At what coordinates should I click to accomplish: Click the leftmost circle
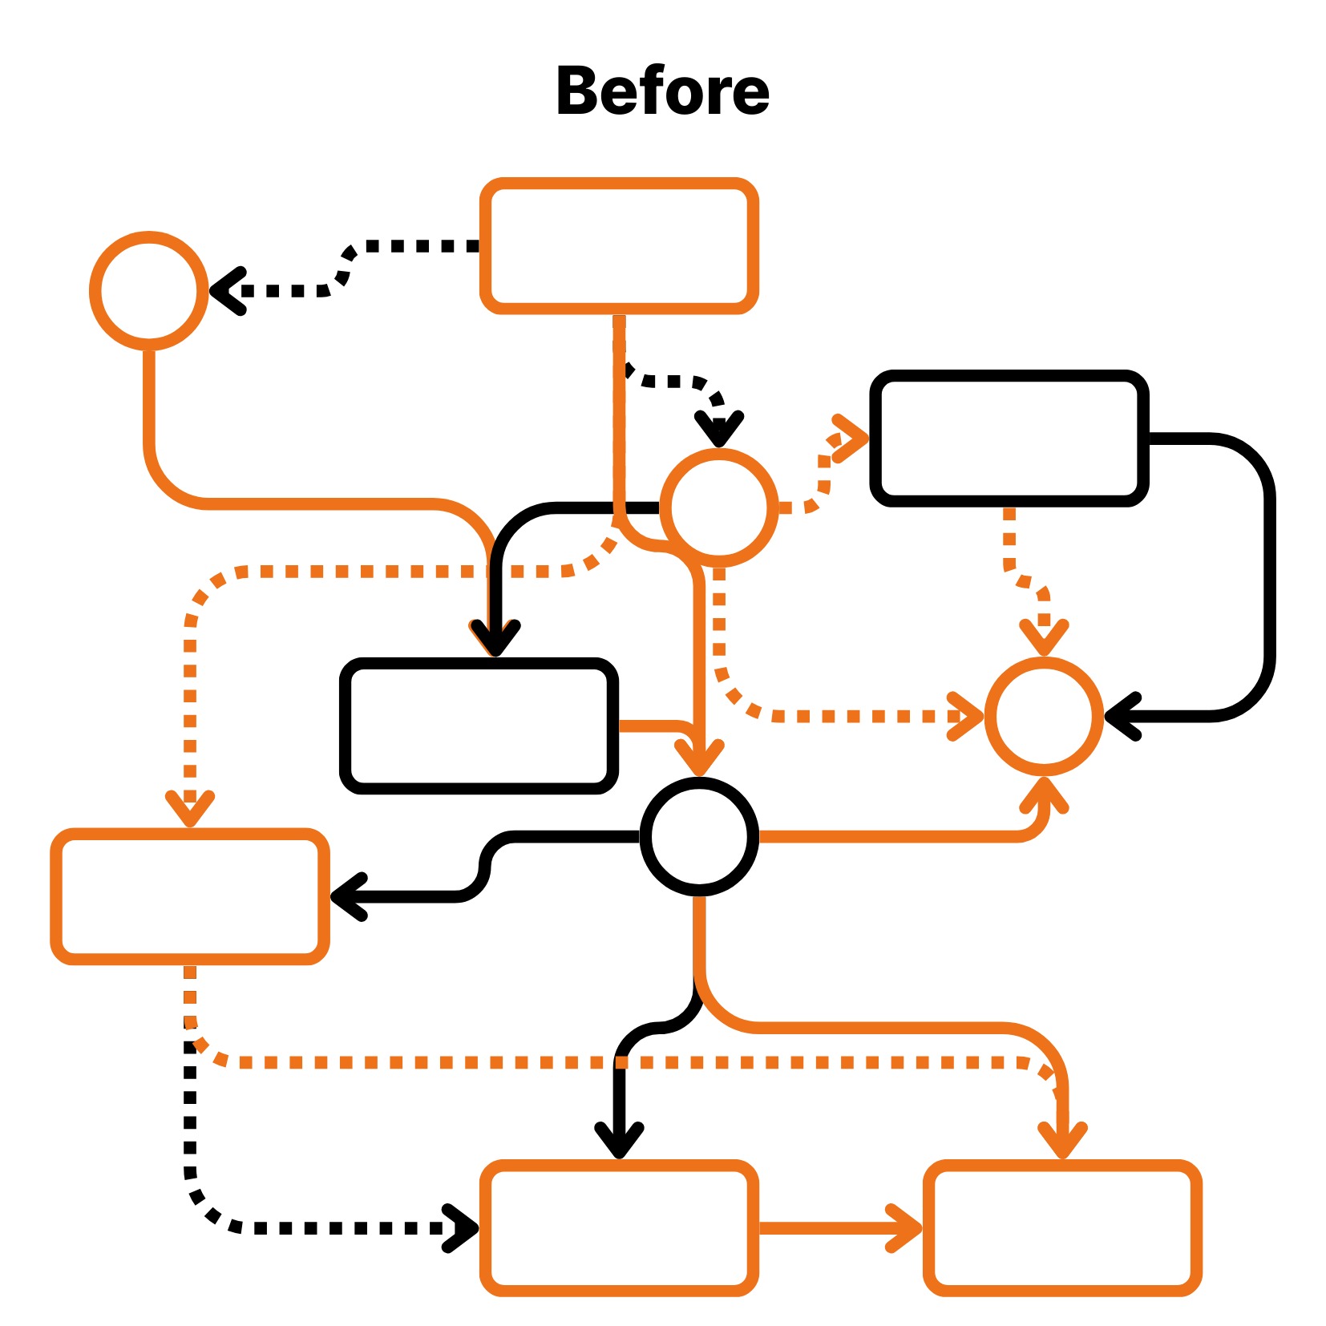click(x=149, y=291)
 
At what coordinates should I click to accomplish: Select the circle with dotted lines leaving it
click(x=719, y=507)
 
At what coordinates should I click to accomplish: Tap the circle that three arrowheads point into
click(x=1044, y=716)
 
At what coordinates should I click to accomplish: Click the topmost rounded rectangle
click(x=619, y=245)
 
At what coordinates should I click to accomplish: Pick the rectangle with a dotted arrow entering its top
click(x=190, y=896)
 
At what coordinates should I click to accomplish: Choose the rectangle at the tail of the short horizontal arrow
click(x=619, y=1227)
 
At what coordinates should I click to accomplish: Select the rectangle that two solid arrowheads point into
click(x=1062, y=1227)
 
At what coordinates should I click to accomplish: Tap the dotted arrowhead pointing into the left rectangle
click(x=190, y=808)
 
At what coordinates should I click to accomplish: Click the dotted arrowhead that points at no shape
click(x=851, y=437)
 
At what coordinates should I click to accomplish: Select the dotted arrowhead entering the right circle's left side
click(x=967, y=716)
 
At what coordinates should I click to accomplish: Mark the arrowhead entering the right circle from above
click(x=1044, y=637)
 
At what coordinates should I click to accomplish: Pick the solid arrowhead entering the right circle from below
click(x=1044, y=793)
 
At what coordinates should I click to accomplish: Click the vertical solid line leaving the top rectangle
click(x=619, y=401)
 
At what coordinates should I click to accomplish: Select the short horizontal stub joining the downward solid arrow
click(x=649, y=726)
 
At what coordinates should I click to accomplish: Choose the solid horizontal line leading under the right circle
click(x=882, y=837)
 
